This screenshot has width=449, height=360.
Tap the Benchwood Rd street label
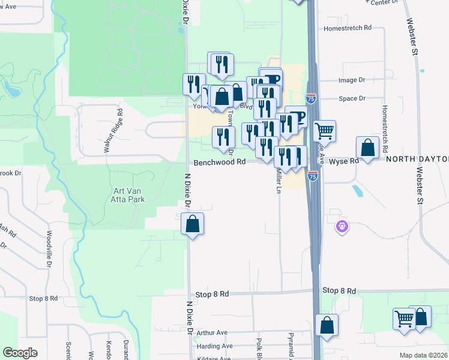click(x=220, y=162)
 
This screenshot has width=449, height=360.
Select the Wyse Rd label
click(x=344, y=161)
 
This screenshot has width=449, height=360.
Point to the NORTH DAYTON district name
click(x=417, y=159)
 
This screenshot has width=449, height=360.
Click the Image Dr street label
click(x=352, y=80)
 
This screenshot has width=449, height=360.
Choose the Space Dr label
click(x=352, y=98)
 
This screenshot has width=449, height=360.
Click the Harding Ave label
click(x=214, y=346)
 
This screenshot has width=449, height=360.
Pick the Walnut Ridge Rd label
click(x=113, y=130)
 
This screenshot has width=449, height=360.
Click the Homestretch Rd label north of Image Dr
click(x=348, y=28)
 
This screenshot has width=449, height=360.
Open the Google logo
click(x=20, y=353)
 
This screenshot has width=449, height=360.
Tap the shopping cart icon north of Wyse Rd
click(x=324, y=129)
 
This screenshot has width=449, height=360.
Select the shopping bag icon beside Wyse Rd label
click(x=367, y=146)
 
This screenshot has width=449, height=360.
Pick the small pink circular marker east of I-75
click(x=342, y=227)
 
